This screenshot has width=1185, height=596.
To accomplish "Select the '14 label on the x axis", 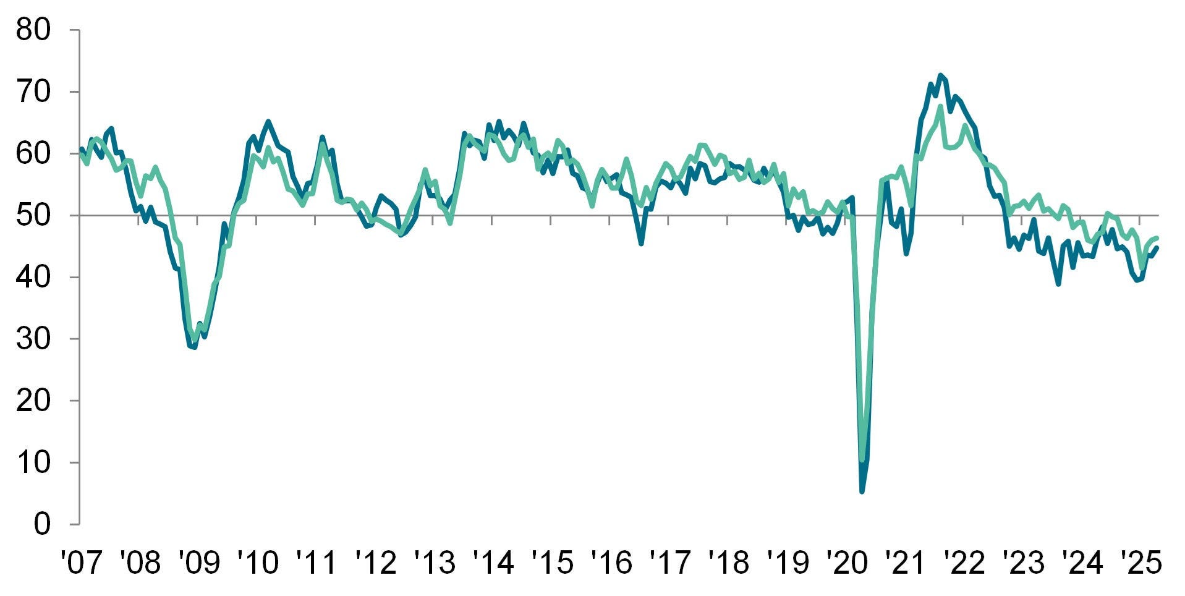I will (x=493, y=563).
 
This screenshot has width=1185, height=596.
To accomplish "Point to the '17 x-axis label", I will (x=669, y=563).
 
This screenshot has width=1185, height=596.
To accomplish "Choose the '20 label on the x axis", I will (x=846, y=563).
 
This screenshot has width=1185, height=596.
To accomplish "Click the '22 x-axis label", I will (x=964, y=563).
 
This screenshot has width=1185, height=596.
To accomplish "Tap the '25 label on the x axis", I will (x=1141, y=563).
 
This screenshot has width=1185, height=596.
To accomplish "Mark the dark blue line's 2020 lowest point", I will (x=862, y=492).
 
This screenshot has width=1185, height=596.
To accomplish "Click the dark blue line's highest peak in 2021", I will (x=940, y=75).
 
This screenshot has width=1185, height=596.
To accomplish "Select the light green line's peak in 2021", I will (x=940, y=106).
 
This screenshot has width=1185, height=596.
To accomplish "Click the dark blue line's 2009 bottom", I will (x=195, y=347).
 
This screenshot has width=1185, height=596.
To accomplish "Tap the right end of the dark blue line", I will (x=1157, y=247).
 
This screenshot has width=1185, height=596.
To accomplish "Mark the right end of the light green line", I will (x=1157, y=237).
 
